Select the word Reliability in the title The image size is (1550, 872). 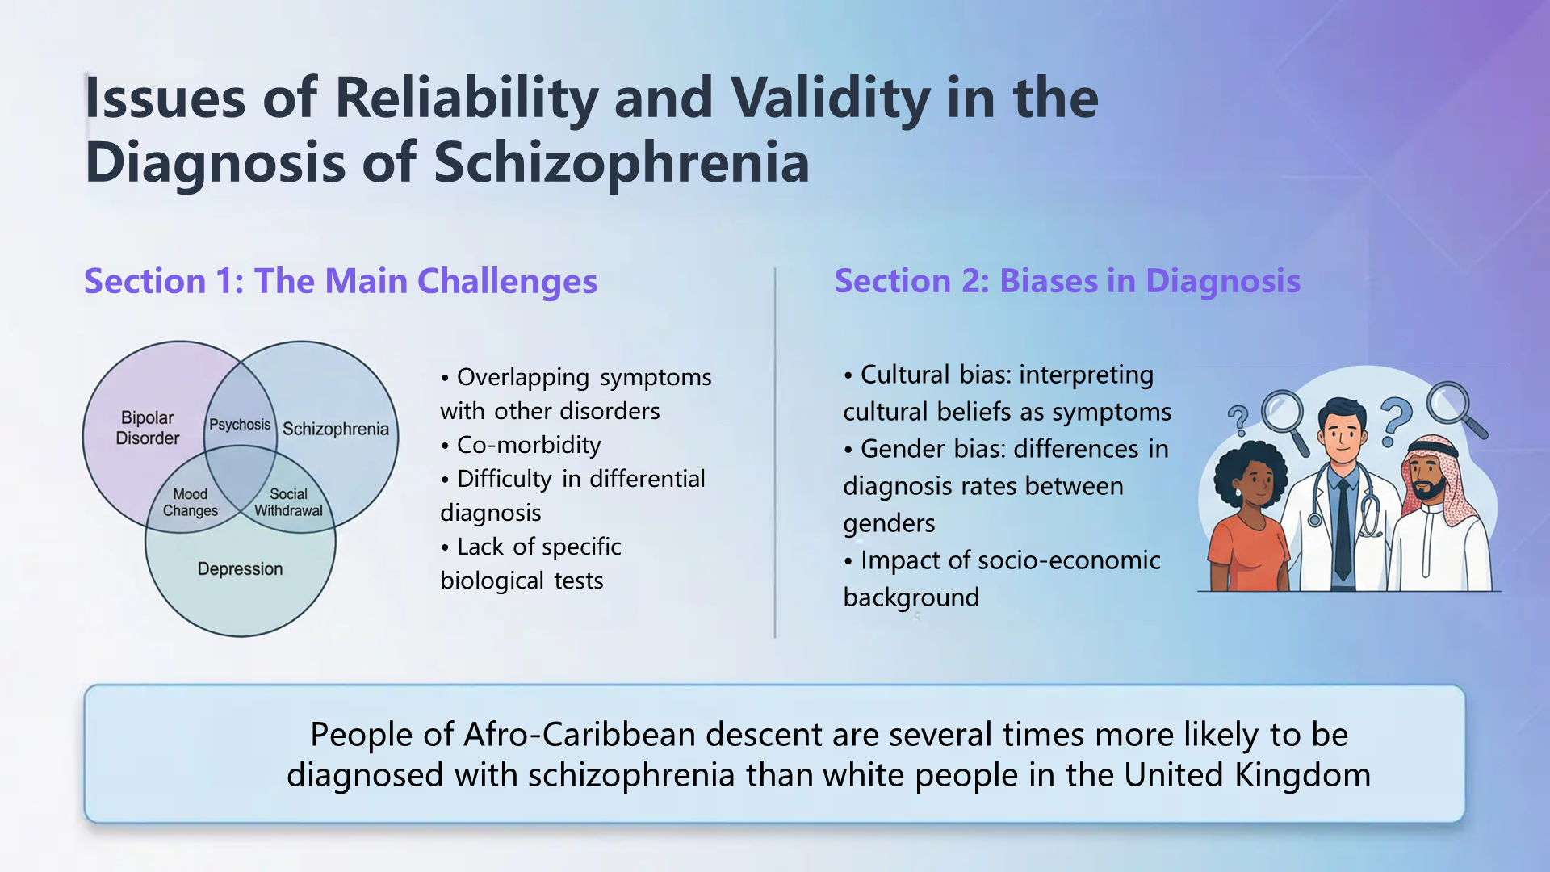(467, 99)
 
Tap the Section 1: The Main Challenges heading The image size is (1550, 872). (341, 281)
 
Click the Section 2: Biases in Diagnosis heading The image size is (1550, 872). (1067, 281)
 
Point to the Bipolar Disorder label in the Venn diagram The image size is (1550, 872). (148, 428)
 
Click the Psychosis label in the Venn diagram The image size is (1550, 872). (240, 425)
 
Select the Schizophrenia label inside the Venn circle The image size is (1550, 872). (336, 429)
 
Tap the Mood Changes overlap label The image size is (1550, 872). (191, 502)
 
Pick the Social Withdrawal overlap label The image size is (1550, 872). (288, 502)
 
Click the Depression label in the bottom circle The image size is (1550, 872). (240, 569)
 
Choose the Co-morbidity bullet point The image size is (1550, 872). (529, 445)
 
